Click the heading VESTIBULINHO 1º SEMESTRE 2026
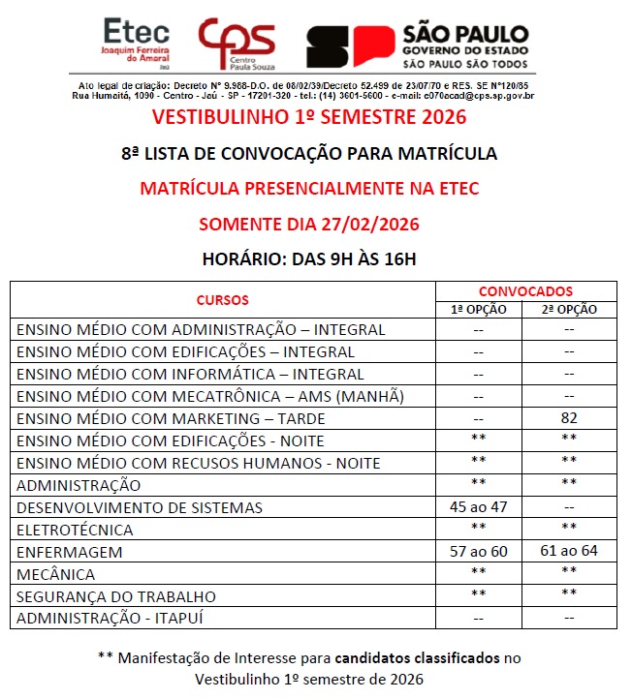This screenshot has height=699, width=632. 309,118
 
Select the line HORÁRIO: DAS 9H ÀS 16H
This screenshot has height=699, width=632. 309,258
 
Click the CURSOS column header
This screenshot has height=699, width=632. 222,300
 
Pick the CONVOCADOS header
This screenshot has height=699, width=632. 525,290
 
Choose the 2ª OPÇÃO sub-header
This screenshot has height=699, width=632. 570,310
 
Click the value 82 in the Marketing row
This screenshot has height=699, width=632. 570,418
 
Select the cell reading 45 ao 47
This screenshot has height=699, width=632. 480,507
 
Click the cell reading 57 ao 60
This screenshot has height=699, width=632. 480,552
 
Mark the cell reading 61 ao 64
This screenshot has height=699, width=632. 570,552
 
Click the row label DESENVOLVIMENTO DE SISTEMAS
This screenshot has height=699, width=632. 140,507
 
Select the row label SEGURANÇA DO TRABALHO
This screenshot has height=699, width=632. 116,596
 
